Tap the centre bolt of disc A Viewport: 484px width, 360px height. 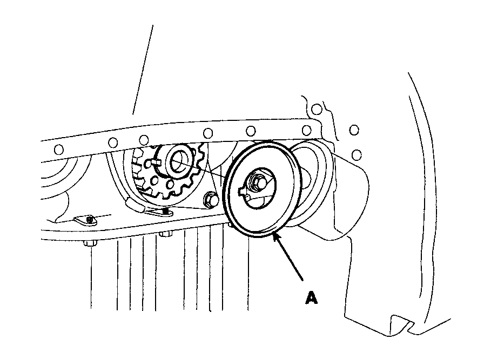260,182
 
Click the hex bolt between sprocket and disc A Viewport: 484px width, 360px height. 210,200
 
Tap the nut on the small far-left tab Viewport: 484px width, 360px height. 90,219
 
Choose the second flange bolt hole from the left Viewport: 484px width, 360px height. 113,142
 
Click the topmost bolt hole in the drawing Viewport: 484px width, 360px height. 317,110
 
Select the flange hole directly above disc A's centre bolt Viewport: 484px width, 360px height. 251,131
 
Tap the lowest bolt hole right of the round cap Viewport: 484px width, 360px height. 357,155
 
